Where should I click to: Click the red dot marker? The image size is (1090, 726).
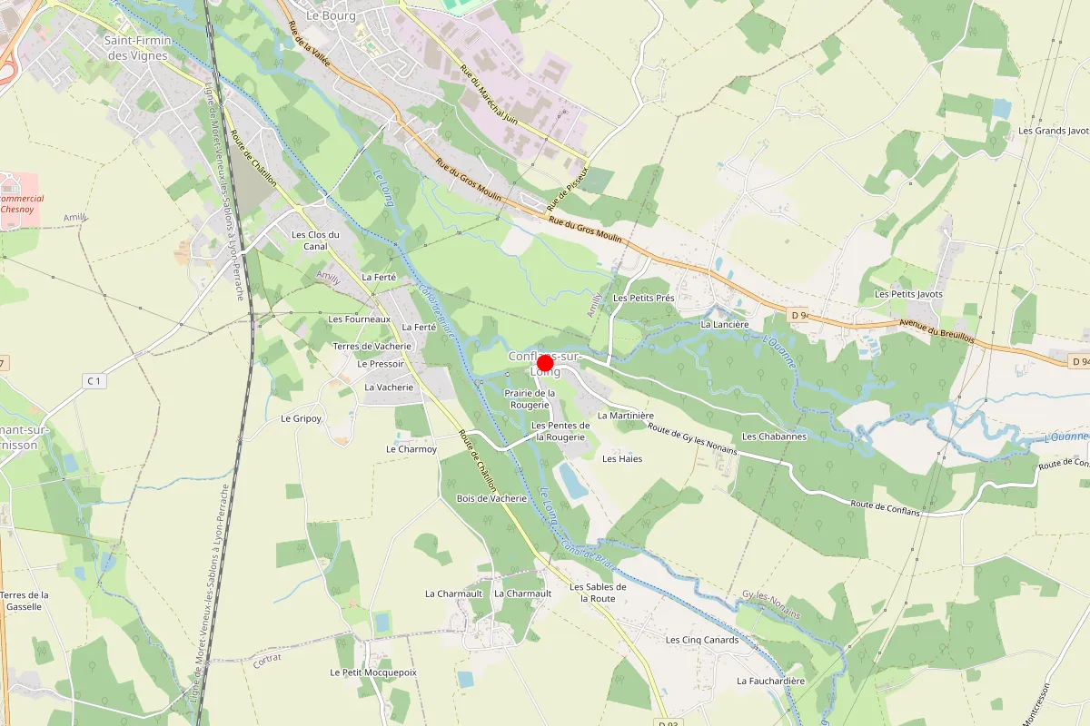click(546, 363)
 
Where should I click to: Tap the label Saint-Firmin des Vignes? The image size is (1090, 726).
click(136, 48)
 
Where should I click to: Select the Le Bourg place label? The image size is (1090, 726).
click(331, 15)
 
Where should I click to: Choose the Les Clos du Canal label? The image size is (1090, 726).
click(315, 240)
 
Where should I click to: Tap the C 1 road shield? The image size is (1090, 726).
click(94, 381)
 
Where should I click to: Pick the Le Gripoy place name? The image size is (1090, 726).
click(302, 418)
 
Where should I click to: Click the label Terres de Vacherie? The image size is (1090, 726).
click(372, 347)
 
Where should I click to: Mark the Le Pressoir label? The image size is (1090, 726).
click(380, 364)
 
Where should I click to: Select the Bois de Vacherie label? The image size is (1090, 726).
click(491, 498)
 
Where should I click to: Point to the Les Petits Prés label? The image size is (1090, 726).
click(644, 298)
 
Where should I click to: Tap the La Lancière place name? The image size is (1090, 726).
click(725, 324)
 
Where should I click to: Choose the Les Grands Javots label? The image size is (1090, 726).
click(1054, 131)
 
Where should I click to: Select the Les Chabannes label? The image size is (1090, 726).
click(774, 437)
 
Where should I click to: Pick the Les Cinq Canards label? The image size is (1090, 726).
click(702, 640)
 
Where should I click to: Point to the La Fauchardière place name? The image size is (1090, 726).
click(771, 681)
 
